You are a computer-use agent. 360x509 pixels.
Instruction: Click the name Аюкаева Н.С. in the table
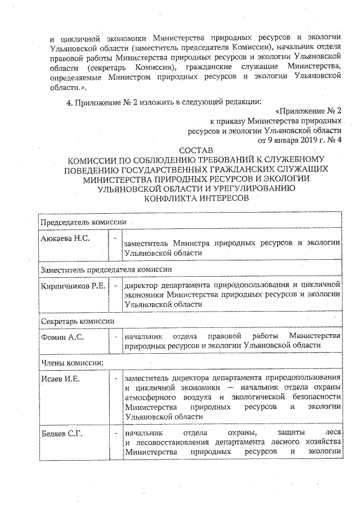(x=66, y=238)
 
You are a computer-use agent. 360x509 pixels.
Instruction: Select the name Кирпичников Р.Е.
(x=73, y=286)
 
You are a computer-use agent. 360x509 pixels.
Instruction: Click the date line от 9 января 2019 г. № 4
(x=299, y=139)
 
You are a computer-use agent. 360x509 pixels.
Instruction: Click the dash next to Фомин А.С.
(x=115, y=336)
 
